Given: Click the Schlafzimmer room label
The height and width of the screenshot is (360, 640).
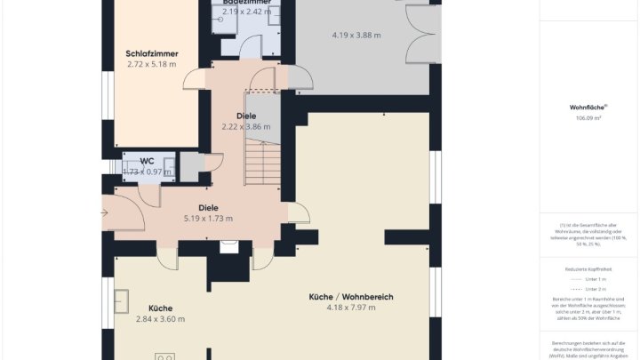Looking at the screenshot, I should coord(152,53).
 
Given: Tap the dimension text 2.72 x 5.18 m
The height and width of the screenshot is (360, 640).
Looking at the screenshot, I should coord(152,64).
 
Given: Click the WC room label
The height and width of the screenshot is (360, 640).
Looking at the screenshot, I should coord(147,161).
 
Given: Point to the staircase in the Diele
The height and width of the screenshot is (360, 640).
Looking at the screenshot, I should coord(262,164).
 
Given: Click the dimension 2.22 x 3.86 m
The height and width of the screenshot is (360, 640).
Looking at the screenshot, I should coord(245,127).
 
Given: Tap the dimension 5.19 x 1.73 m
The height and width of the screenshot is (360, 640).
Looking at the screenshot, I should coord(208,219).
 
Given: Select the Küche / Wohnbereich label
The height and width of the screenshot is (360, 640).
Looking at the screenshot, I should coord(351,297).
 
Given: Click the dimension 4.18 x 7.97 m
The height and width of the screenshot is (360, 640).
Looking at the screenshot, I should coord(351,308).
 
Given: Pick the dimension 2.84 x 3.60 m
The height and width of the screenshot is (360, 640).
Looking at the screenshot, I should coord(160,319).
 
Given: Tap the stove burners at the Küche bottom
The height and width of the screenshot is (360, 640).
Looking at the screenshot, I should coord(164,356).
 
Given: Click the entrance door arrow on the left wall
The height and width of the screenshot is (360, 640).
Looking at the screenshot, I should coord(105,212).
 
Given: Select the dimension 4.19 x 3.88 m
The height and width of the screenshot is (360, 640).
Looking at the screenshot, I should coord(356,36).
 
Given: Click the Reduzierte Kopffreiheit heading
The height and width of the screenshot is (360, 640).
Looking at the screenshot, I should coord(588,268).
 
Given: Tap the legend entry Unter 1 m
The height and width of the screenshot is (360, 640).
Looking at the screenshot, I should coord(588,278).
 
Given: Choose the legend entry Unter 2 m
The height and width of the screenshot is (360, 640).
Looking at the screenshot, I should coord(588,289).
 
